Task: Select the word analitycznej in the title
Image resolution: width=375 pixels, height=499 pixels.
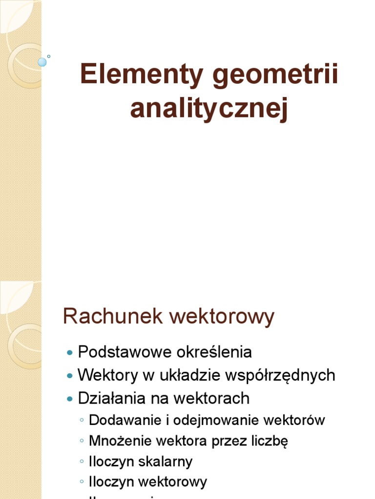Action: click(x=209, y=109)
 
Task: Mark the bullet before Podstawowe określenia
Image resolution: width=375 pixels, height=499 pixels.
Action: click(x=70, y=352)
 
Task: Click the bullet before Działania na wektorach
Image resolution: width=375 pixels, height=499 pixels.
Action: click(x=70, y=399)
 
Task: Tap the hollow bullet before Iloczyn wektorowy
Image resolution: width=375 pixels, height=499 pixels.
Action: click(x=82, y=482)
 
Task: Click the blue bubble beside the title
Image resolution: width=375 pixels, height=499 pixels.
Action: click(x=42, y=62)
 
